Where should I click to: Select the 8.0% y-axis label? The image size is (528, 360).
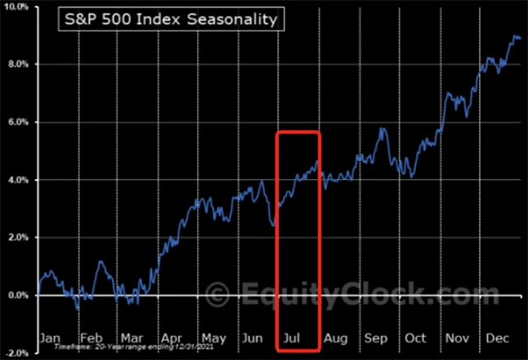point(18,64)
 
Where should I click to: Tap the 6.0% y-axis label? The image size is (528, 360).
point(18,122)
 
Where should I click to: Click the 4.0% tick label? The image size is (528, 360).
point(18,180)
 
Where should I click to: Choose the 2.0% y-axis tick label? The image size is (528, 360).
point(18,238)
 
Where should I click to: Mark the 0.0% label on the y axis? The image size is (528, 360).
point(18,296)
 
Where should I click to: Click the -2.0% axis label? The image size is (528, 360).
point(17,353)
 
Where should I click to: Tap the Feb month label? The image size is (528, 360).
point(92,338)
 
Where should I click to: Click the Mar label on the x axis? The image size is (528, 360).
point(131,338)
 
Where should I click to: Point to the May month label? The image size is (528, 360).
point(213,338)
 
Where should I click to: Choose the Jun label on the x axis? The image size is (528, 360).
point(254,338)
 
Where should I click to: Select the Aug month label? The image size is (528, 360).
point(336,338)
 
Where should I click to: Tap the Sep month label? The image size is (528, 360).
point(375,338)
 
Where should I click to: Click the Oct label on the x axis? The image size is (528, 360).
point(416,338)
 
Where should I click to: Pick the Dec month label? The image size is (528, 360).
point(497,338)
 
